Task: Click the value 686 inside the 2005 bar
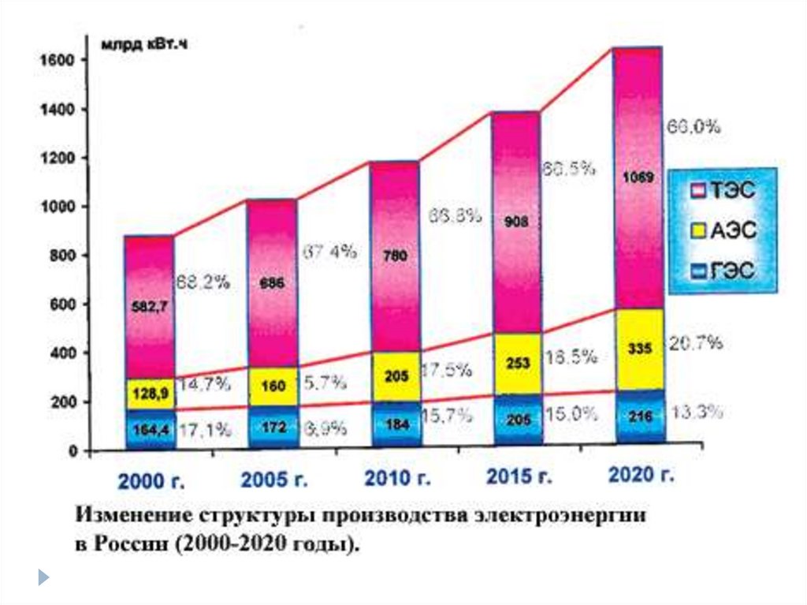click(x=273, y=282)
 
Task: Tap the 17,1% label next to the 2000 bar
click(x=203, y=430)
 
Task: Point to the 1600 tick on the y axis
click(x=54, y=61)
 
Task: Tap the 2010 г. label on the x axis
click(x=397, y=478)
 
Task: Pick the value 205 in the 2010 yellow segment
click(x=397, y=376)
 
